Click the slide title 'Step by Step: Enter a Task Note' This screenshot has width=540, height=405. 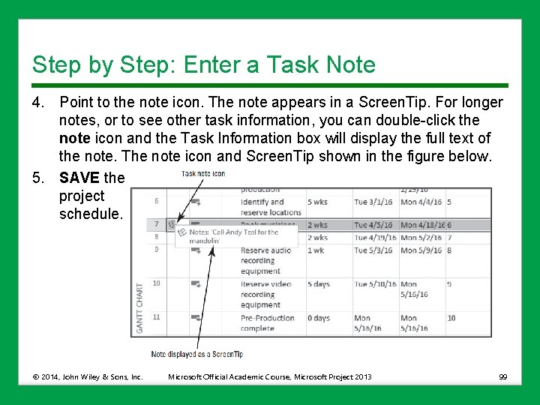[x=203, y=64]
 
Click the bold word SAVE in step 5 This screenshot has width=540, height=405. [x=79, y=178]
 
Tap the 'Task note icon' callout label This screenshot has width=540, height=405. [x=202, y=173]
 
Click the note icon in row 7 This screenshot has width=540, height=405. [x=172, y=224]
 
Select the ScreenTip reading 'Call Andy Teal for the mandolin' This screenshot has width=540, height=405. [x=235, y=236]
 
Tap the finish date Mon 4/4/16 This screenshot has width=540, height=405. [x=421, y=202]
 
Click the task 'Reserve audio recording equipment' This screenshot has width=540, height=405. [x=266, y=260]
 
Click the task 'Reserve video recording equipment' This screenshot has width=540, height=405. [x=266, y=295]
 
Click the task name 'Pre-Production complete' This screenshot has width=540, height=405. [x=268, y=323]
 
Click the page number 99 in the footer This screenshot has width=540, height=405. [x=503, y=376]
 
